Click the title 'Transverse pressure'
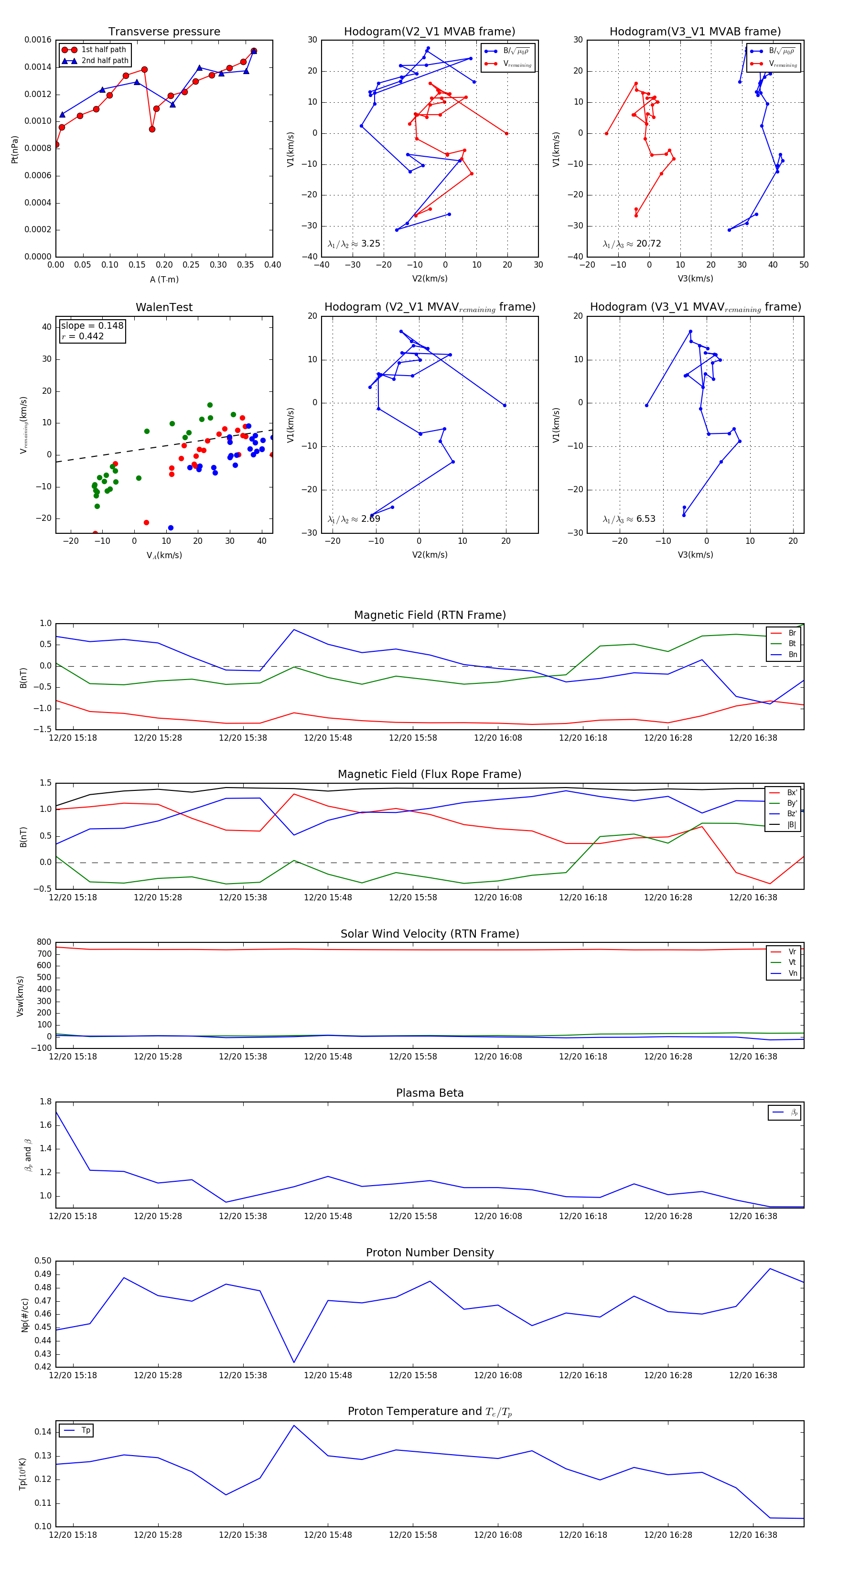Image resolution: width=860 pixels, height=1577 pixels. (x=164, y=32)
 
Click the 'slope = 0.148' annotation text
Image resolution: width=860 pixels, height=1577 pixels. (x=92, y=326)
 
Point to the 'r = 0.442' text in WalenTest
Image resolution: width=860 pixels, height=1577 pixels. (x=83, y=336)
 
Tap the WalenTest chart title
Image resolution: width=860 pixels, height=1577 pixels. (x=164, y=307)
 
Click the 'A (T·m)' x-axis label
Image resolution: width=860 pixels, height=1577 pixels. (x=164, y=280)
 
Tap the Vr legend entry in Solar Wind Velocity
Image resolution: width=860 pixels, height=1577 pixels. (x=792, y=952)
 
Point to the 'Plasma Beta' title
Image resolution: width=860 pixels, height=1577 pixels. (x=430, y=1093)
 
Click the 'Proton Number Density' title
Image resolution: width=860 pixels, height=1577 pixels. (x=430, y=1253)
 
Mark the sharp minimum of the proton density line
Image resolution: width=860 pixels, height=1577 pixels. (x=294, y=1363)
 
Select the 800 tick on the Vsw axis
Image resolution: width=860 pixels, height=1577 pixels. (x=44, y=942)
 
